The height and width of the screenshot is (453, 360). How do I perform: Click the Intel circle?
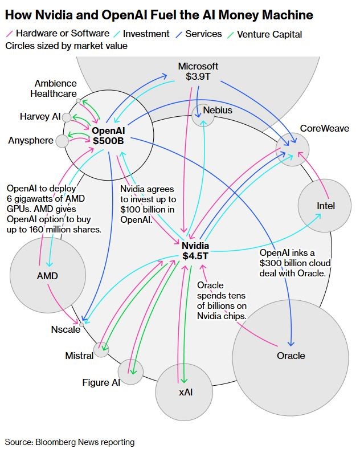pos(323,206)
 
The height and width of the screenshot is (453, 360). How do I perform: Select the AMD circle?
pos(47,276)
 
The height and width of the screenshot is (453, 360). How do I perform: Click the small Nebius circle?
pos(203,115)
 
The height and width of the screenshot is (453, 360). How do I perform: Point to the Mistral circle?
pos(101,349)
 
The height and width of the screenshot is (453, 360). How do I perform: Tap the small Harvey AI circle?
pos(67,117)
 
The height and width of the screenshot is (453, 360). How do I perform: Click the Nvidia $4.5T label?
pos(195,251)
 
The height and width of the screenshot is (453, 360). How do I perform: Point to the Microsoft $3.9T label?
pos(198,71)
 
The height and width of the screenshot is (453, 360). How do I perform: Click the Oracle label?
pos(291,356)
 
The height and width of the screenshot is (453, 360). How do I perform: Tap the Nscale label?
pos(66,329)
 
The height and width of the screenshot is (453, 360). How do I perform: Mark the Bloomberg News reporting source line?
pos(70,442)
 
